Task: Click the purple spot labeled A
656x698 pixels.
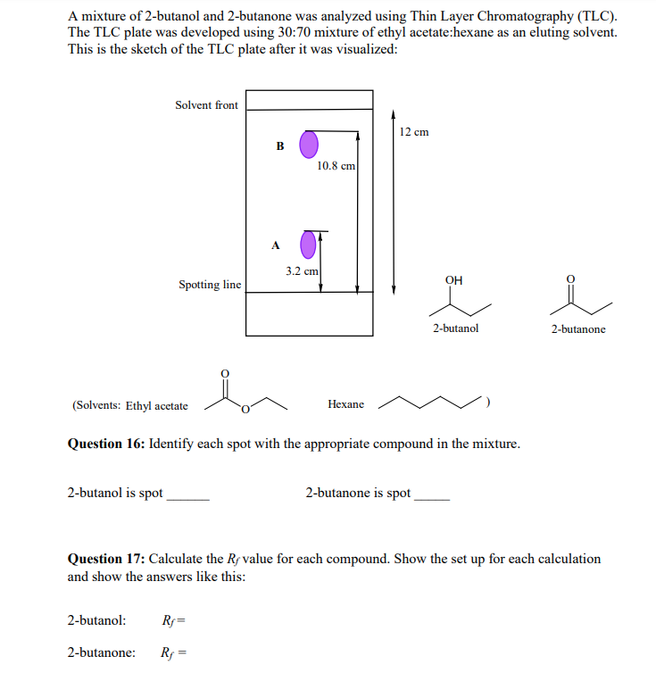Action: (x=308, y=244)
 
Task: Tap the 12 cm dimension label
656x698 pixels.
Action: (x=413, y=132)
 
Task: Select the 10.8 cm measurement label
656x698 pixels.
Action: (x=336, y=165)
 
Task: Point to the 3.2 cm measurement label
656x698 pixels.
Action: (x=302, y=270)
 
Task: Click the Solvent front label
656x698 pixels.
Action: (x=206, y=105)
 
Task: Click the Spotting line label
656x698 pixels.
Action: (x=209, y=285)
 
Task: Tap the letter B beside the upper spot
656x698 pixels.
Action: (x=279, y=145)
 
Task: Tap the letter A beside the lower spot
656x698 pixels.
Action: (x=275, y=244)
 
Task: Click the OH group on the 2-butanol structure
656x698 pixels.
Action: (x=453, y=281)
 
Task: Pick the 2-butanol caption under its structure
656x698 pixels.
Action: (x=455, y=328)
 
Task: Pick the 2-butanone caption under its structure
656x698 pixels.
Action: (x=577, y=329)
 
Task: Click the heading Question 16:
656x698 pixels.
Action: (x=106, y=444)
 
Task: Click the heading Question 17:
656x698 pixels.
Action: (x=106, y=559)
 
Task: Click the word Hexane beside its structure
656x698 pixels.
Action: (x=345, y=404)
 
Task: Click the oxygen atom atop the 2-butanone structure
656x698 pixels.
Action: (x=573, y=278)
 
